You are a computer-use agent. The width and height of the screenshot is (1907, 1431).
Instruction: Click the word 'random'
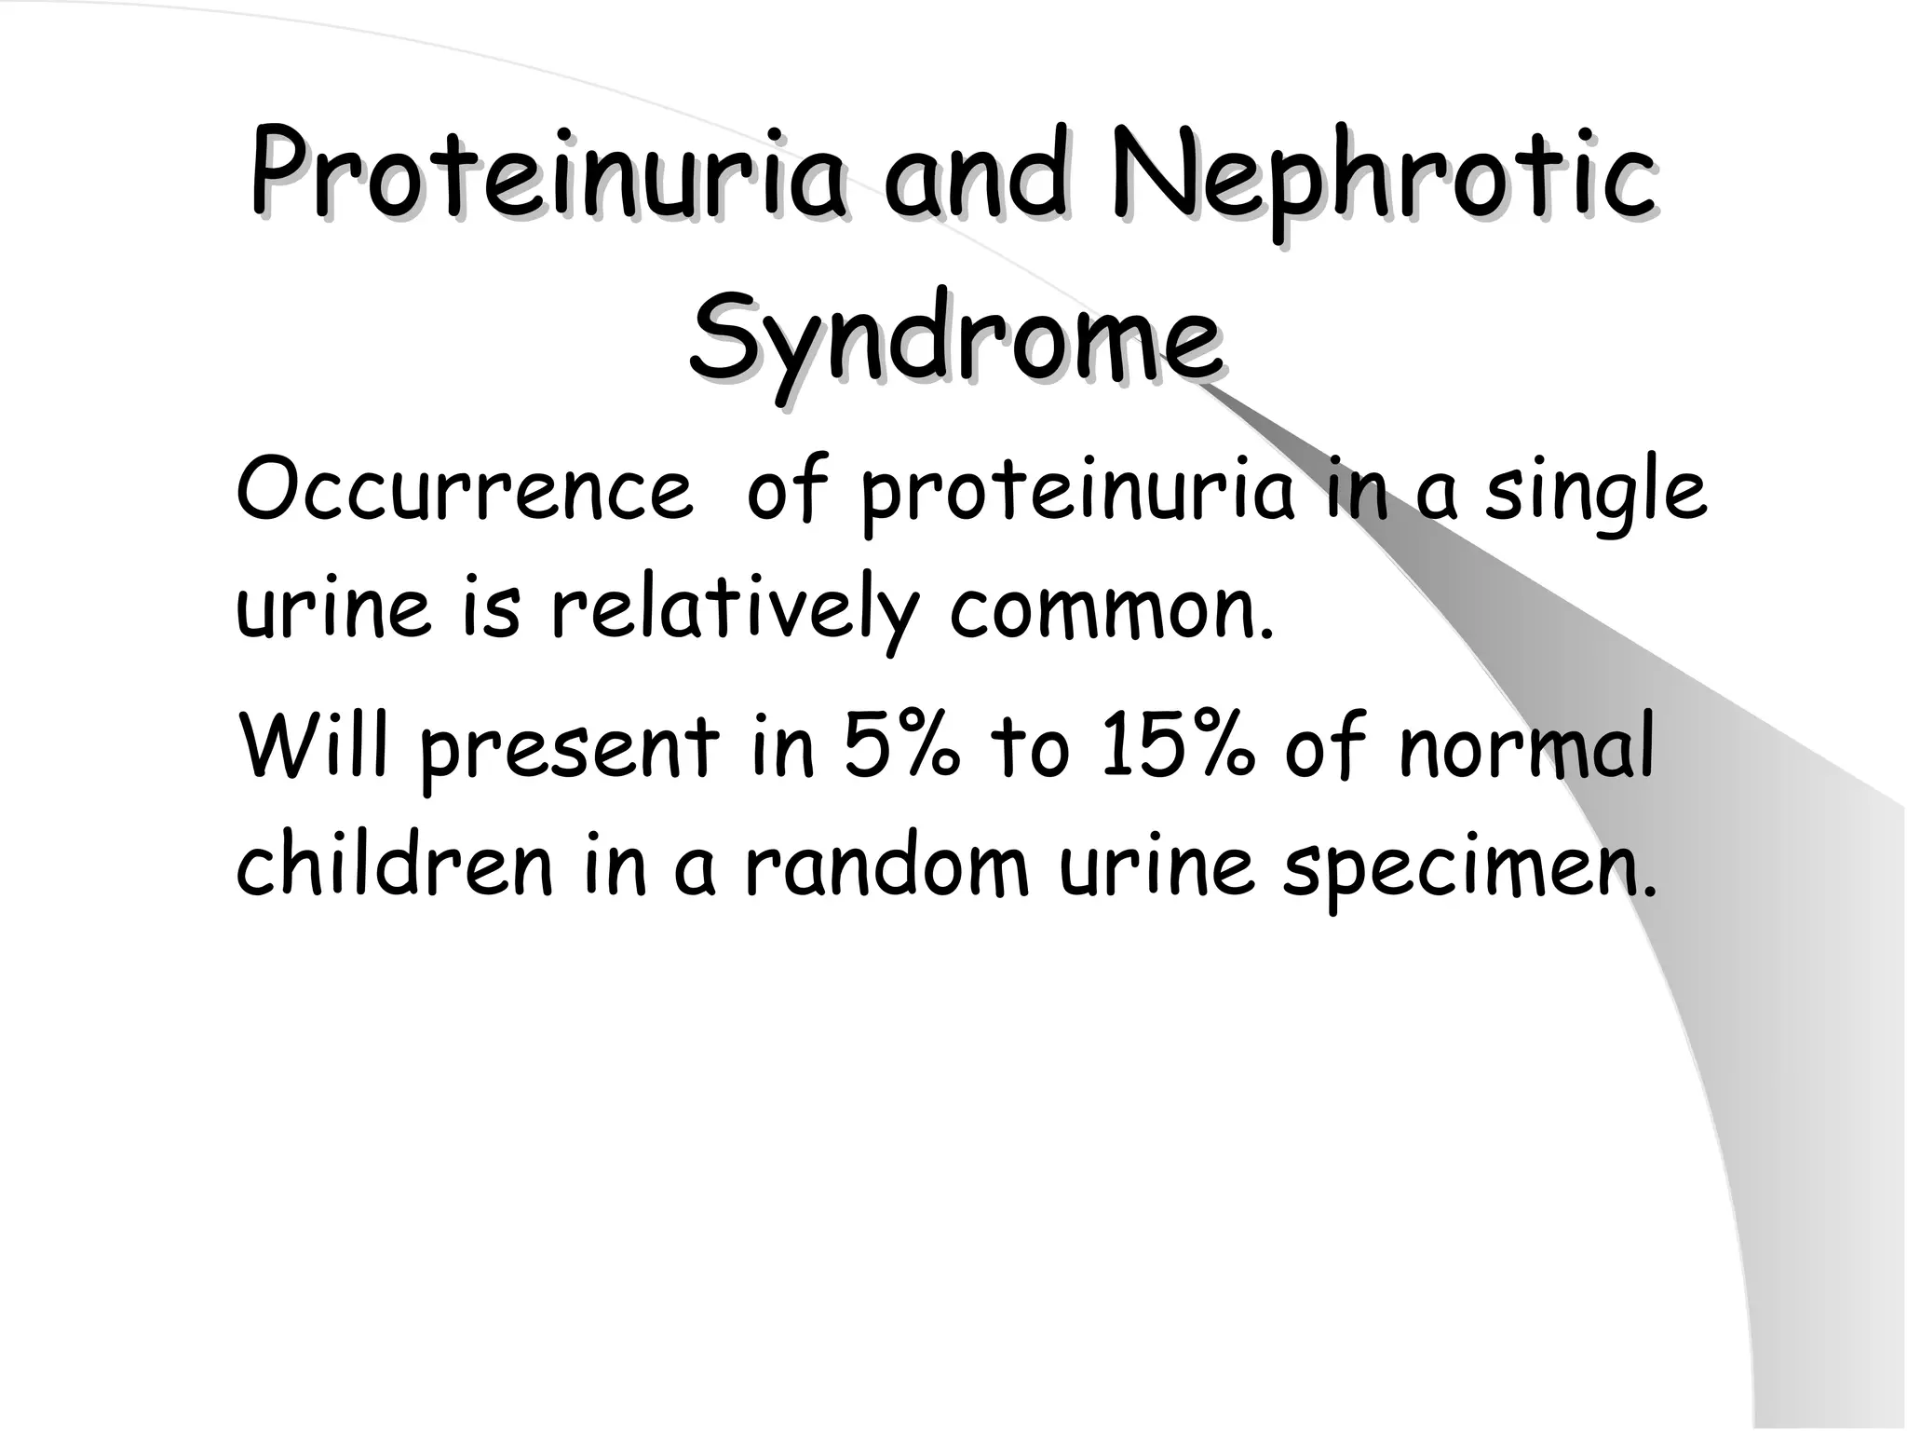(886, 866)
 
